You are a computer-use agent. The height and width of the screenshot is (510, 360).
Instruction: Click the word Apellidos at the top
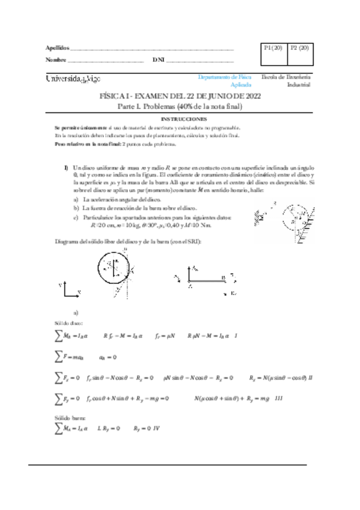pyautogui.click(x=58, y=48)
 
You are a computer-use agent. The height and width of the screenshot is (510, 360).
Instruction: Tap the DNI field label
pyautogui.click(x=158, y=60)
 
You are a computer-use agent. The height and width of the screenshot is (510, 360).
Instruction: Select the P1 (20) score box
pyautogui.click(x=273, y=48)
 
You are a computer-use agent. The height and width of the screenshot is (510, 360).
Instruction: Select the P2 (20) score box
pyautogui.click(x=299, y=48)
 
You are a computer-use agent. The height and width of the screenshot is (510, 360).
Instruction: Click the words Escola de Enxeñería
pyautogui.click(x=286, y=77)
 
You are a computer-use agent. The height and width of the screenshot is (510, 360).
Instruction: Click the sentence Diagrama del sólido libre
pyautogui.click(x=129, y=241)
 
